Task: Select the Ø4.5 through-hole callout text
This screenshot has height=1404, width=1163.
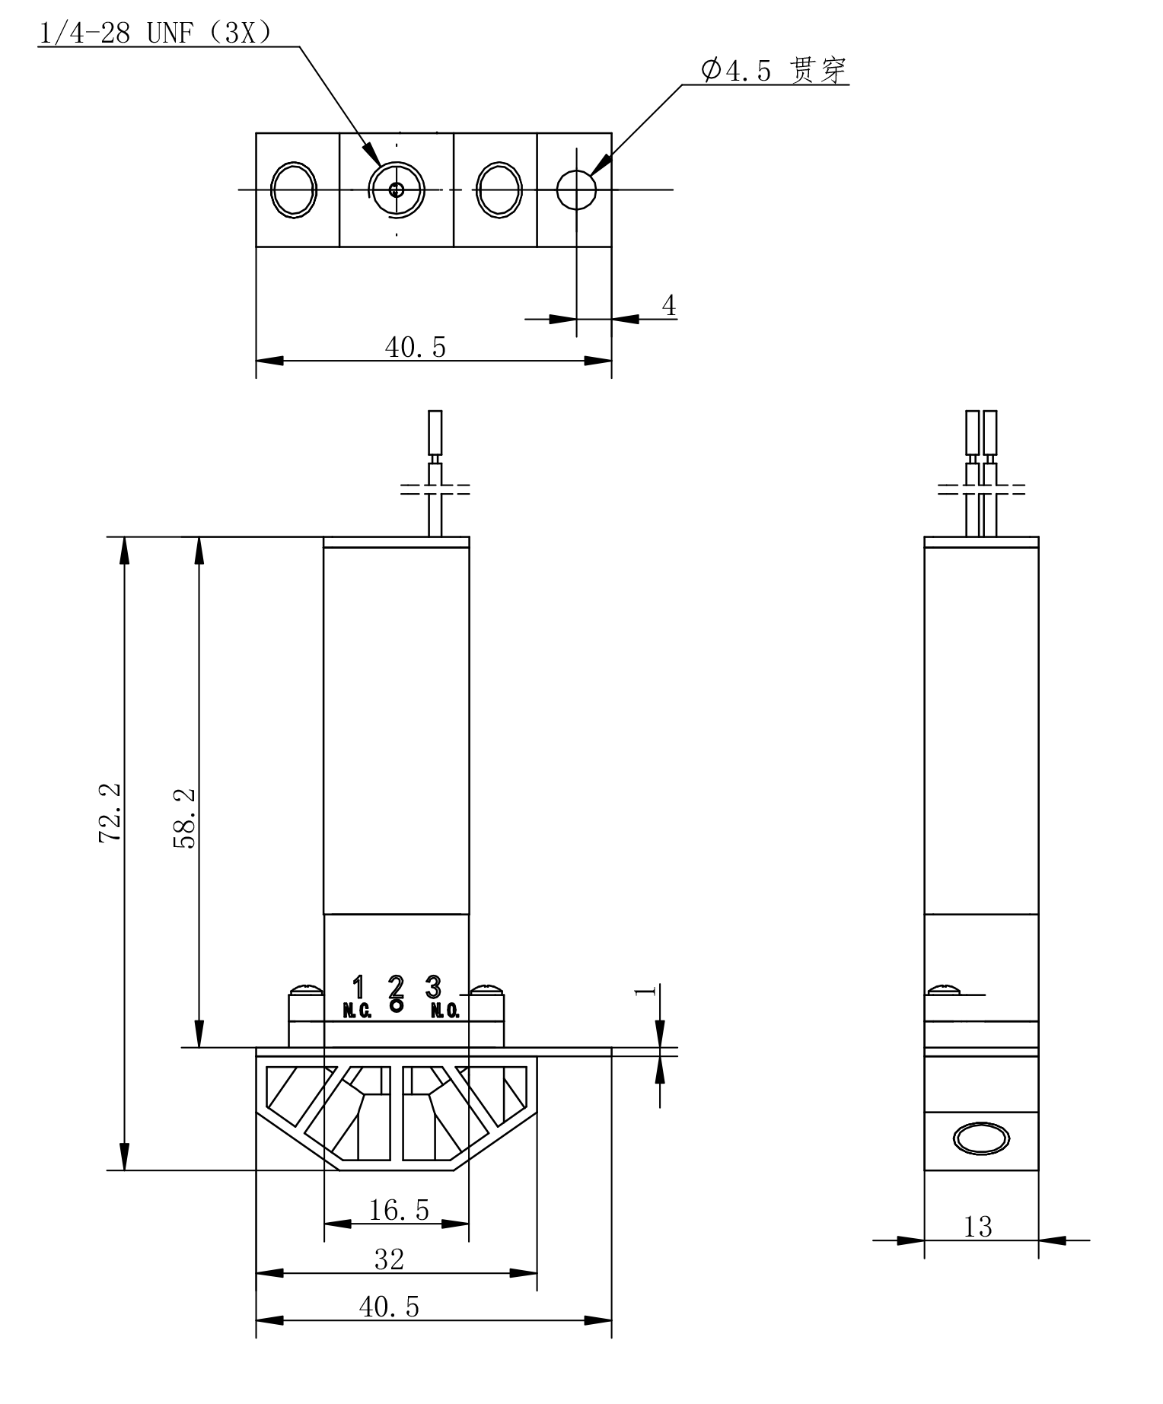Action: tap(773, 71)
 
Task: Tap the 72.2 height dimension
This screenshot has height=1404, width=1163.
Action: tap(110, 813)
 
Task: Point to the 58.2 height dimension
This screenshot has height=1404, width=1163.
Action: tap(186, 819)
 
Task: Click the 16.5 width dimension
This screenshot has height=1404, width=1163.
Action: tap(399, 1209)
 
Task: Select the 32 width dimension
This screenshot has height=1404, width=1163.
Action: tap(390, 1259)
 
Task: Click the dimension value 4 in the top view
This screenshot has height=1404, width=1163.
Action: tap(668, 306)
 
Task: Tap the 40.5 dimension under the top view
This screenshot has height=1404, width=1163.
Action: tap(416, 347)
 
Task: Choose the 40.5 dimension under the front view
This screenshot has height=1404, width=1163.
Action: tap(389, 1307)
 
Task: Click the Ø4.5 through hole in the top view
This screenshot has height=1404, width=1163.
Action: tap(576, 189)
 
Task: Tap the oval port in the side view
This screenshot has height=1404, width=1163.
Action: tap(981, 1139)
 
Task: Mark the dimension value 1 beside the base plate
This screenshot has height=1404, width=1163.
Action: tap(645, 991)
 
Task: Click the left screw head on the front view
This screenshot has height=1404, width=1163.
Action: tap(306, 990)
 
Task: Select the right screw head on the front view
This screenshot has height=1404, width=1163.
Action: tap(486, 990)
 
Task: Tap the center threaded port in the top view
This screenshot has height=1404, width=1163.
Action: tap(397, 189)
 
